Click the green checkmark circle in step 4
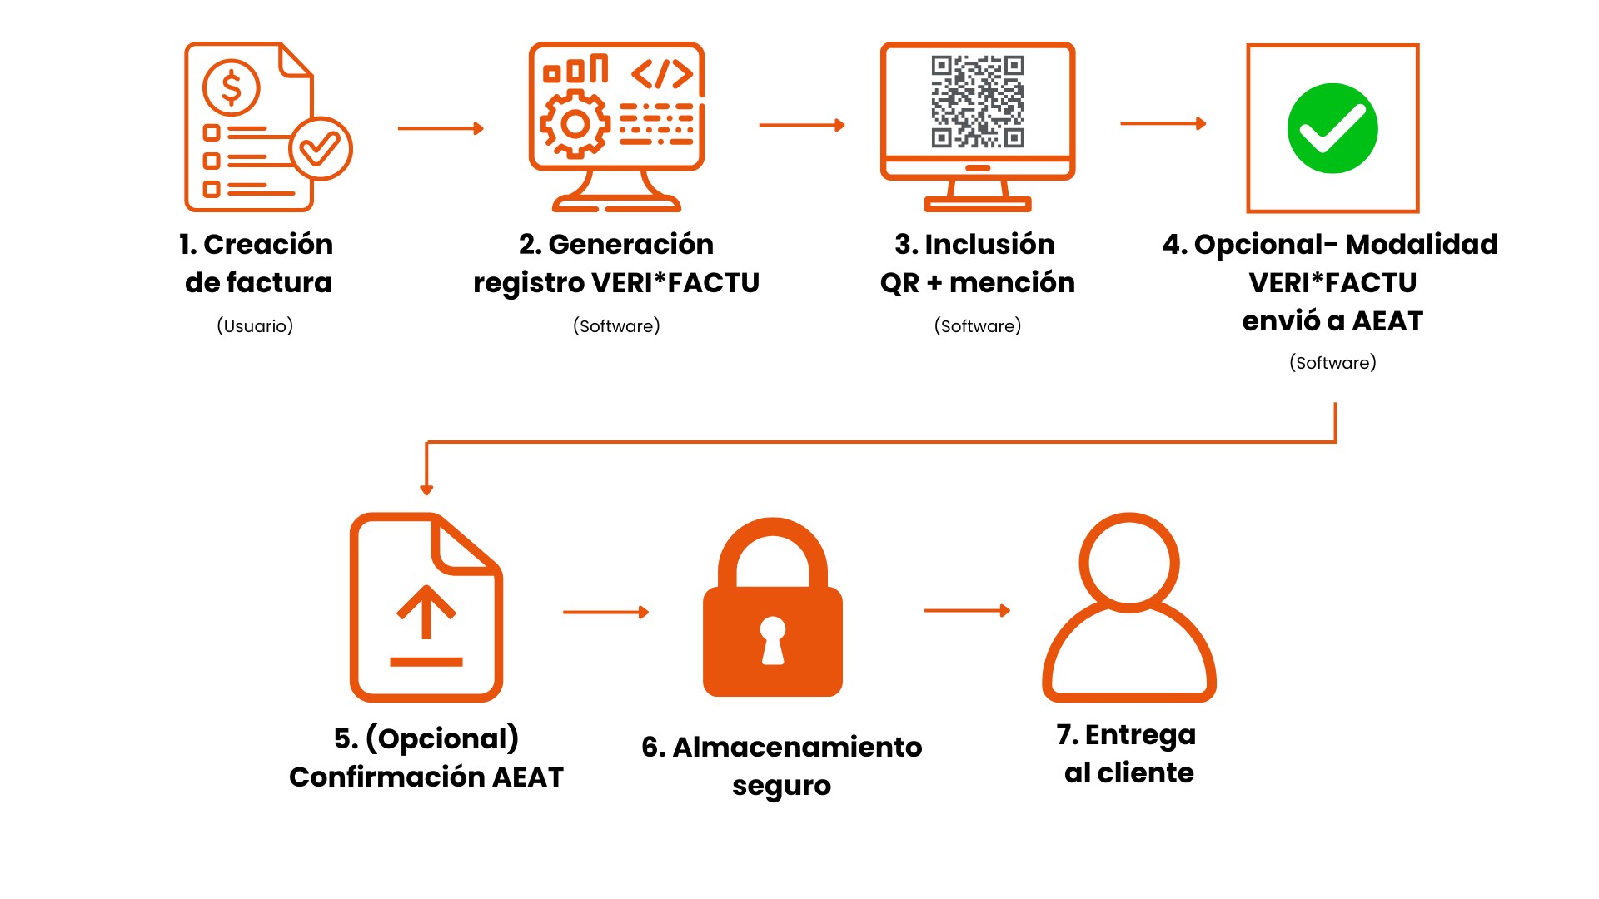[x=1332, y=128]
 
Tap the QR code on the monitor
[x=978, y=102]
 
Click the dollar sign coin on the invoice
[x=231, y=87]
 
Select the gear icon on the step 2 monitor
[x=575, y=125]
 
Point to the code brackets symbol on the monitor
[x=662, y=73]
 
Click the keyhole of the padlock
[x=773, y=639]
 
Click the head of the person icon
[x=1129, y=563]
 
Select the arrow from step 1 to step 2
[x=441, y=128]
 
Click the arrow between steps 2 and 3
[x=802, y=125]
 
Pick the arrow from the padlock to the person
[x=967, y=610]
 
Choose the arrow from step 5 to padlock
[x=605, y=612]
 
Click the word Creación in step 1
[x=267, y=244]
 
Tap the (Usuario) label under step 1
[x=255, y=325]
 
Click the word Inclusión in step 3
[x=989, y=244]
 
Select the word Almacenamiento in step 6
[x=797, y=747]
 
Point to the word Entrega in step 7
[x=1140, y=735]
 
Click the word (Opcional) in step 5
[x=442, y=738]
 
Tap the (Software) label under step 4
[x=1332, y=362]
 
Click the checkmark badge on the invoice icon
[x=321, y=148]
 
